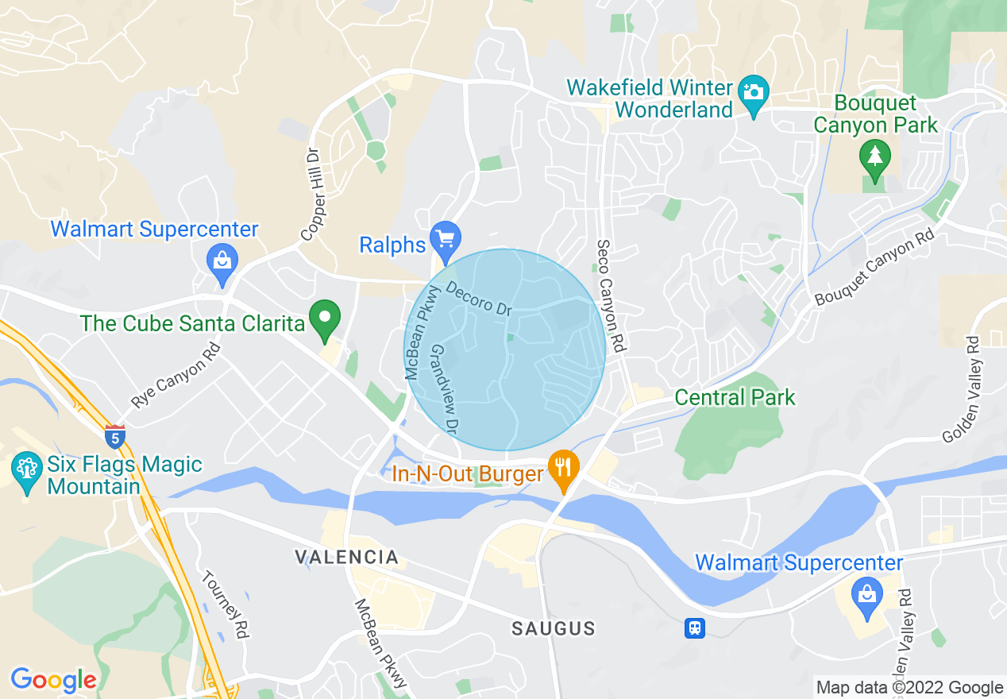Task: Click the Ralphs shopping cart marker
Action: click(446, 238)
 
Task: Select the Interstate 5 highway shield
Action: click(115, 435)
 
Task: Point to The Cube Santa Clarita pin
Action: click(325, 318)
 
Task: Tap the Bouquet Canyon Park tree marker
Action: click(874, 156)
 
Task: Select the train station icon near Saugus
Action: click(695, 628)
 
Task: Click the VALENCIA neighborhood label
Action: click(346, 557)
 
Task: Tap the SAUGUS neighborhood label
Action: click(554, 629)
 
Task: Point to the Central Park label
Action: click(735, 397)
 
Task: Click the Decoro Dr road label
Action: click(478, 299)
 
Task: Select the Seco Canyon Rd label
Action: click(609, 295)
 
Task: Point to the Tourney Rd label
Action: click(226, 605)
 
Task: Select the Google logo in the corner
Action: click(53, 680)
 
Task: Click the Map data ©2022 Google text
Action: click(909, 688)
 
